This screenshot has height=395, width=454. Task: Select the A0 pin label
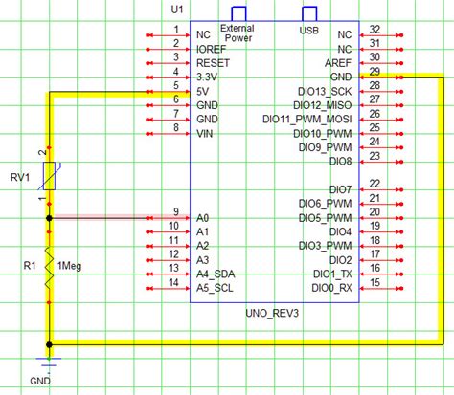point(202,217)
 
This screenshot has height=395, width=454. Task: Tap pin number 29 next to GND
point(375,72)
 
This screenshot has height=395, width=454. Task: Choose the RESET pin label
point(213,59)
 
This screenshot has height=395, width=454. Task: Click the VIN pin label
point(205,136)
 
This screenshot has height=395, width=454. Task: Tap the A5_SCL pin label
point(216,287)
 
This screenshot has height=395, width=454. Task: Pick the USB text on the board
point(308,31)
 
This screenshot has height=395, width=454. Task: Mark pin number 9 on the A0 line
point(175,211)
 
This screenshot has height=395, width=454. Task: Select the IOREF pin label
point(212,45)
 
